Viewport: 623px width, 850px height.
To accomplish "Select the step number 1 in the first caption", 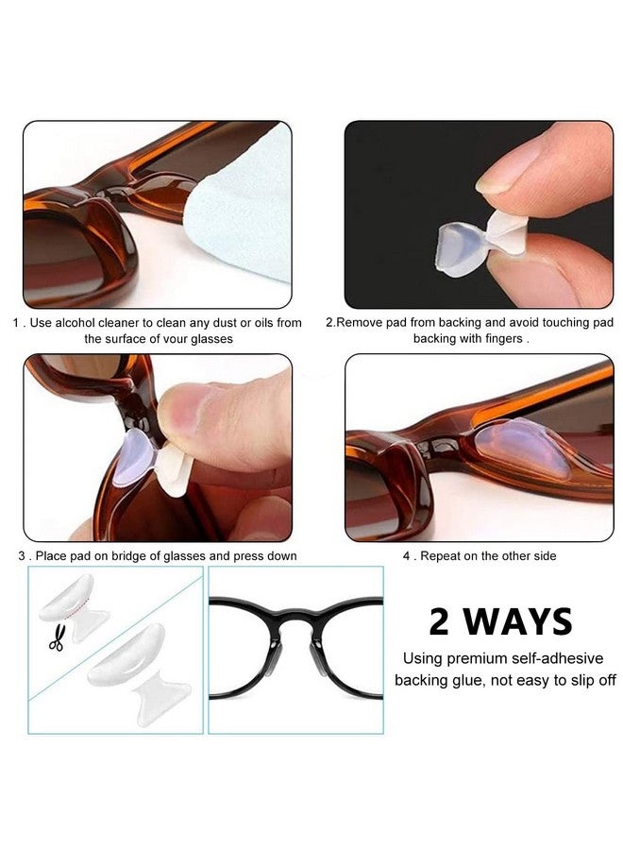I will click(x=16, y=323).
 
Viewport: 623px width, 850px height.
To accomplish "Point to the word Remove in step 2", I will click(x=360, y=323).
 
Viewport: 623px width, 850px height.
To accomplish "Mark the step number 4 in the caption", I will click(x=406, y=556).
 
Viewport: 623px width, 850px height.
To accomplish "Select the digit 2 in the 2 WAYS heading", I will click(x=439, y=622).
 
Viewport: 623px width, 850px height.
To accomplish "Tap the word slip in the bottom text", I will click(x=572, y=681).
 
